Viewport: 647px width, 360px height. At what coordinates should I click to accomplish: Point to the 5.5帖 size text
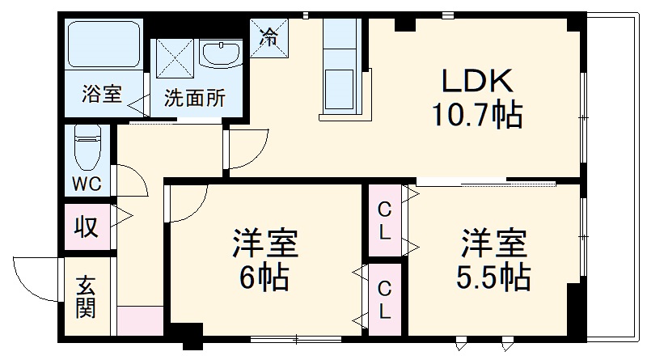tap(492, 277)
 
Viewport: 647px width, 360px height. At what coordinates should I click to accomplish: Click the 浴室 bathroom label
tap(102, 95)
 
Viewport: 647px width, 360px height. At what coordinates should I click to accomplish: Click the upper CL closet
tap(386, 221)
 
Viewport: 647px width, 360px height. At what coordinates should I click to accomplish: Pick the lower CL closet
tap(386, 298)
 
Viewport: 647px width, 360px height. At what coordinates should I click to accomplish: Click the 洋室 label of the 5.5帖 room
tap(493, 241)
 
